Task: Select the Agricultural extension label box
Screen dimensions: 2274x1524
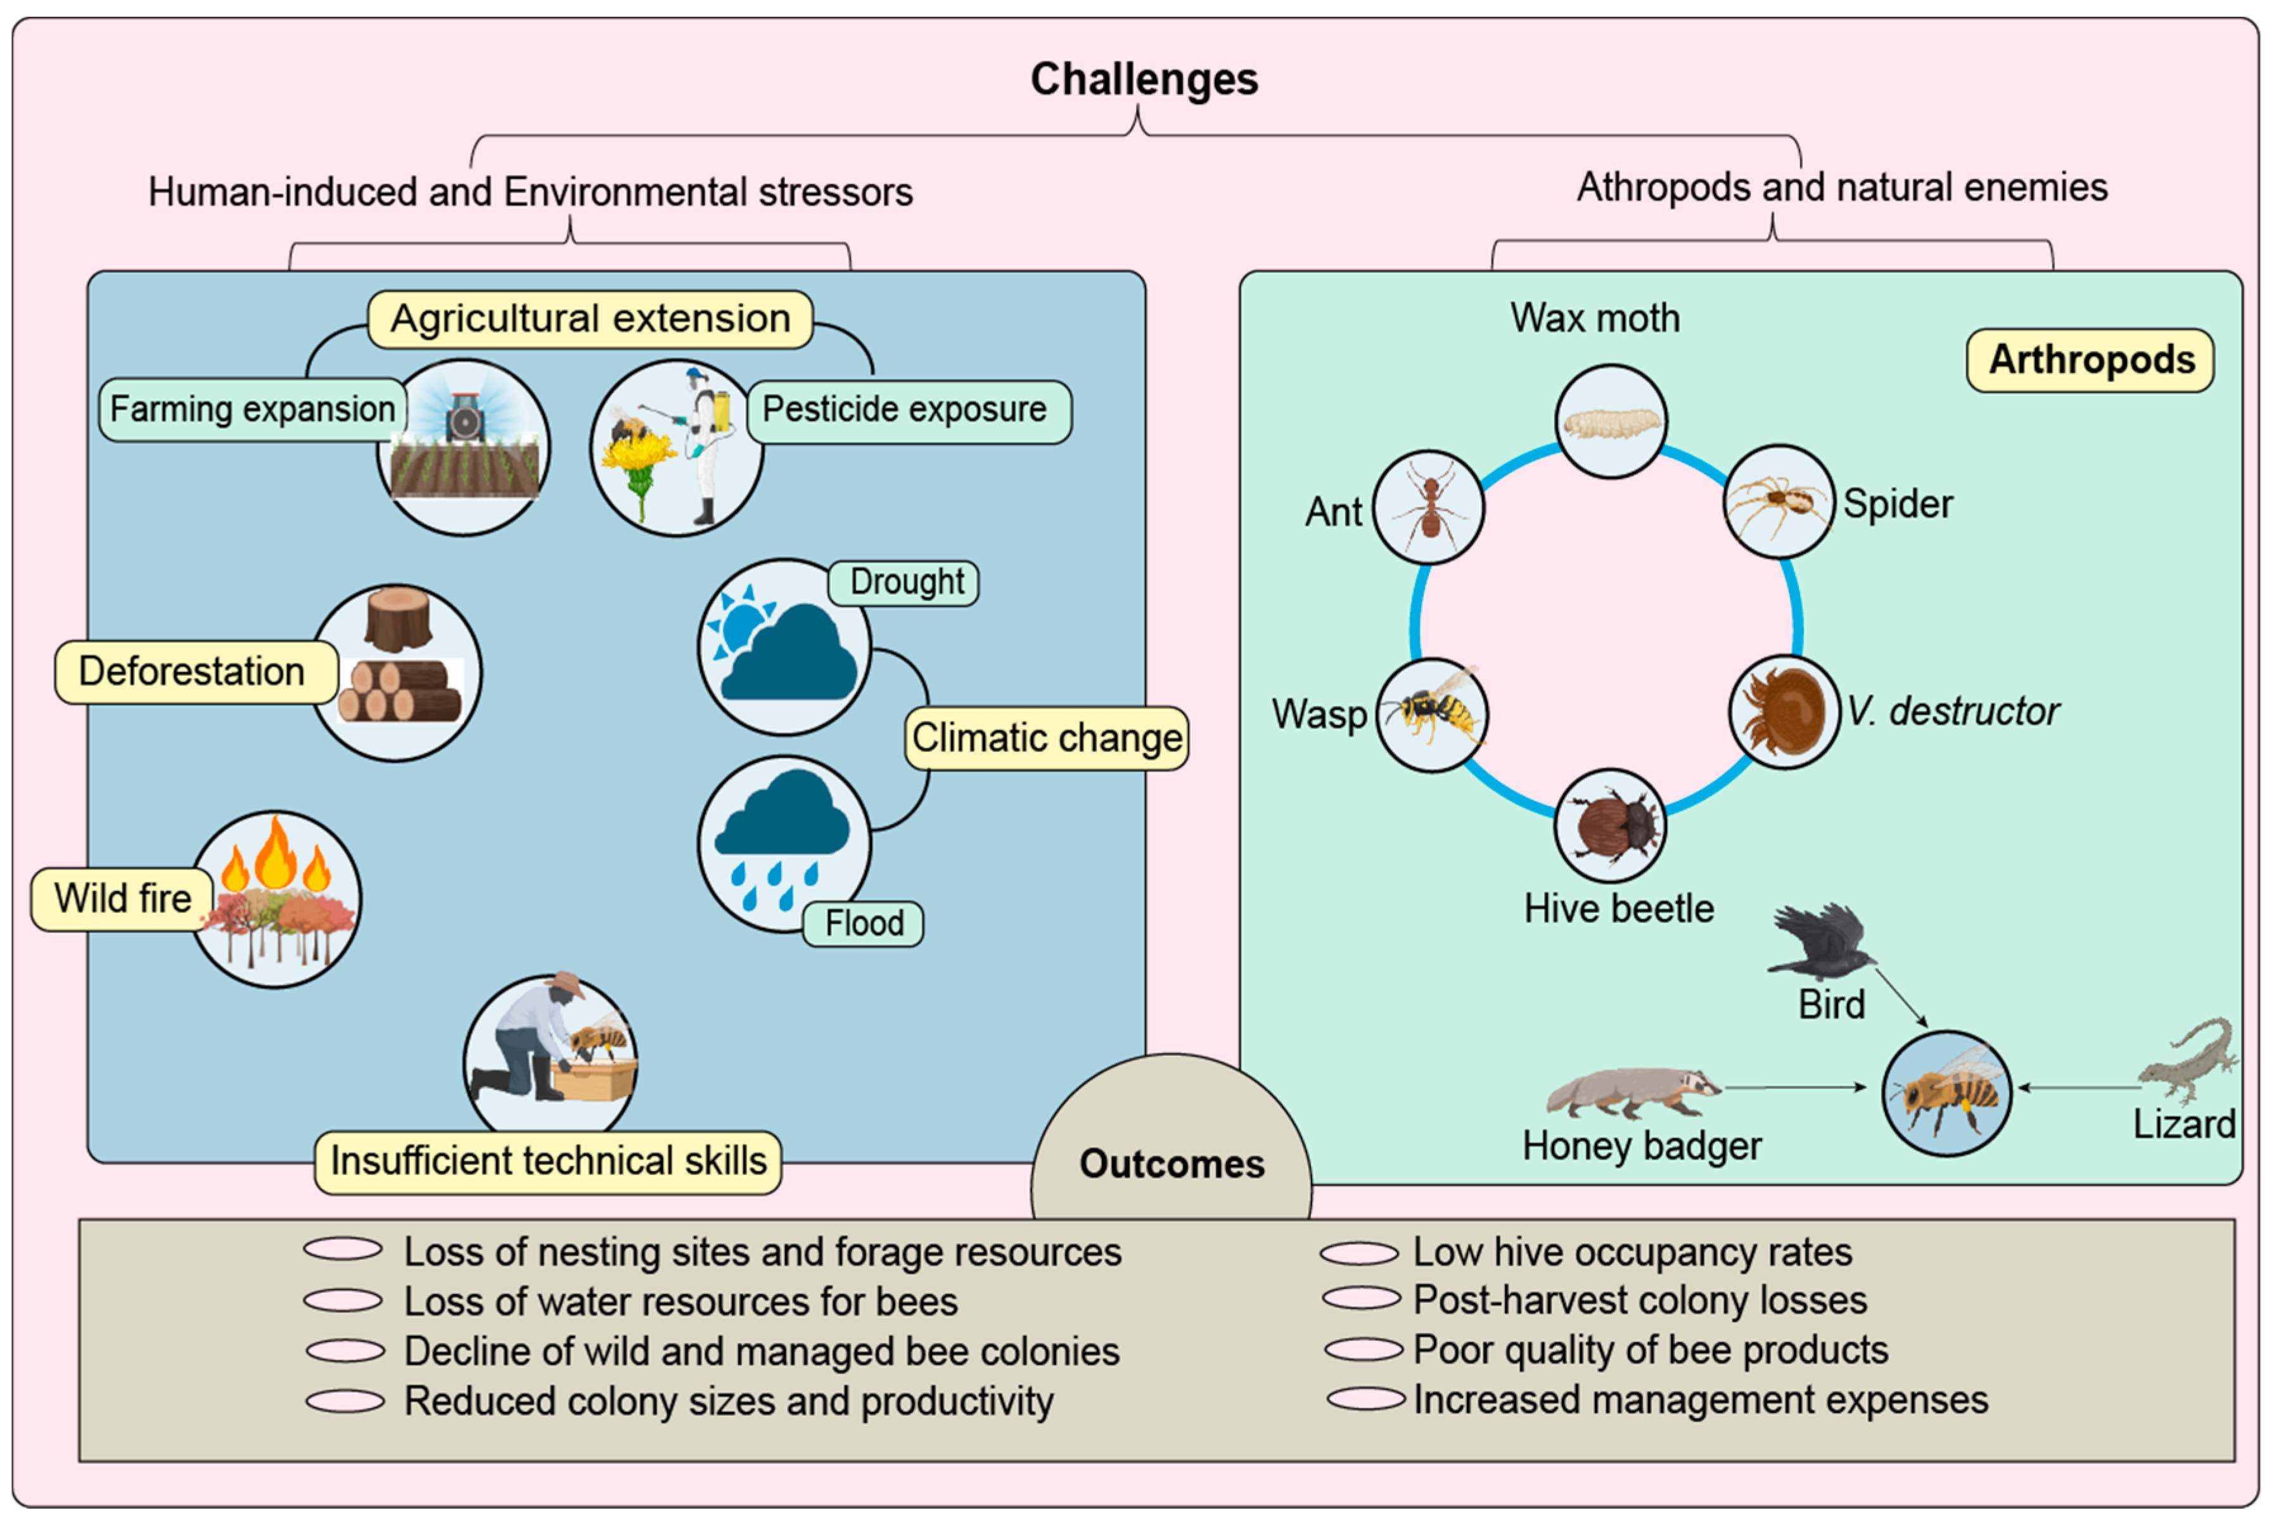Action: [x=590, y=319]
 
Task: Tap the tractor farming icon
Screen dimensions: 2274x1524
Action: [x=464, y=447]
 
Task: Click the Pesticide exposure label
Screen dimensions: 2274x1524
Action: [x=909, y=411]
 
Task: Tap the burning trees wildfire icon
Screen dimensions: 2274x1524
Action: [x=276, y=899]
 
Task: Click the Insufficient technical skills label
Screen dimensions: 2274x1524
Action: [x=548, y=1162]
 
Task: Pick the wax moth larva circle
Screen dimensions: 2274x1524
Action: [x=1611, y=421]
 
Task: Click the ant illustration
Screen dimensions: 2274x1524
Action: [x=1428, y=507]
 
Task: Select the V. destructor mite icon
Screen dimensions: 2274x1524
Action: [x=1784, y=711]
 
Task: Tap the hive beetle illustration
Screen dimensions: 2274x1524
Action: [x=1610, y=825]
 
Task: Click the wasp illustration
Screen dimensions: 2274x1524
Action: [x=1432, y=715]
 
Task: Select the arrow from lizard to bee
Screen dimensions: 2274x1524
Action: [x=2078, y=1088]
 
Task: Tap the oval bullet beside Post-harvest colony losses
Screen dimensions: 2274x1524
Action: [x=1361, y=1299]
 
